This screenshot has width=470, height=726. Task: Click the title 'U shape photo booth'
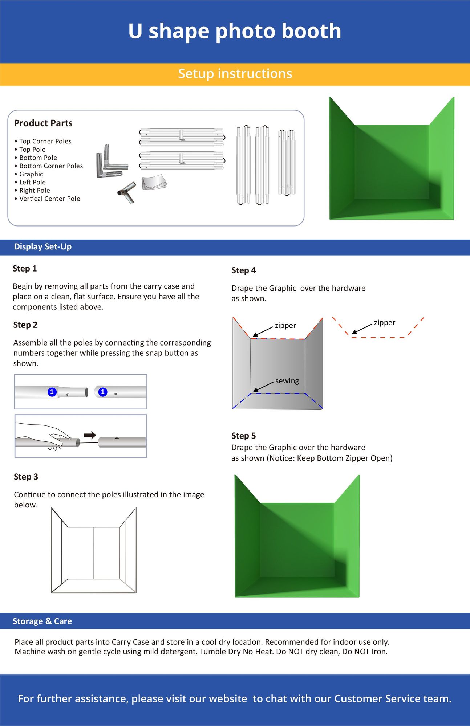(x=235, y=31)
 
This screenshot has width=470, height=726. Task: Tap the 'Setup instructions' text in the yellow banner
(x=235, y=74)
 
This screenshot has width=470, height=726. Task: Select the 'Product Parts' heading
(x=43, y=123)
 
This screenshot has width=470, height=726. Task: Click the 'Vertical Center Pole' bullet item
(x=49, y=199)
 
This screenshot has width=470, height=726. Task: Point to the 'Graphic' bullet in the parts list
(x=31, y=174)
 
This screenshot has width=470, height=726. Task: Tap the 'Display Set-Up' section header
(x=42, y=247)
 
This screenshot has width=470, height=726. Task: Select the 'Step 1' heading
(x=25, y=269)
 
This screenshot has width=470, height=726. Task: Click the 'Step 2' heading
(x=25, y=325)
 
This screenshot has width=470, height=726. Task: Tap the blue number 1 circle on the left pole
(x=52, y=392)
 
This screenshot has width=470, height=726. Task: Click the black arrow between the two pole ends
(x=90, y=435)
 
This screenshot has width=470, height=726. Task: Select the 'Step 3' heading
(x=26, y=477)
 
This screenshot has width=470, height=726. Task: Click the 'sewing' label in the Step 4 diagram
(x=287, y=381)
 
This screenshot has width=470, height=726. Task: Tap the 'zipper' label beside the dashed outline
(x=384, y=323)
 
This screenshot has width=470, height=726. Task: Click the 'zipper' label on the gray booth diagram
(x=285, y=326)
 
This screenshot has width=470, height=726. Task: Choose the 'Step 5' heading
(x=244, y=436)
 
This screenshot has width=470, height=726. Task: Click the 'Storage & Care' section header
(x=42, y=621)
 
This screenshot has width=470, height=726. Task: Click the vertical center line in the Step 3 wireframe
(x=94, y=554)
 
